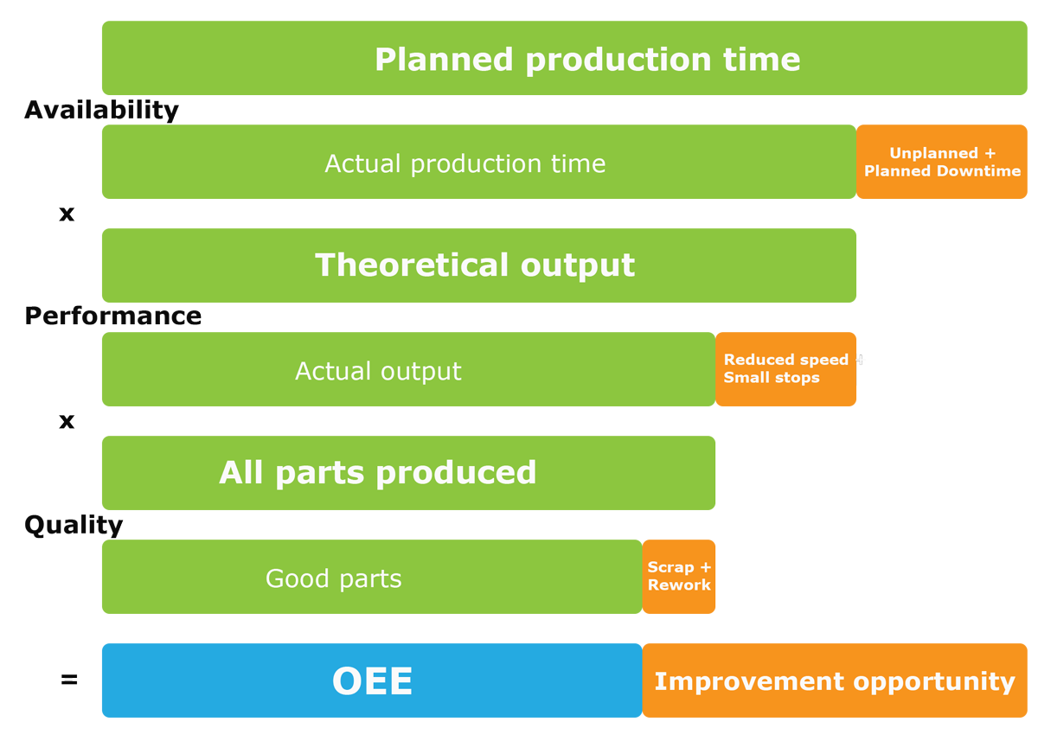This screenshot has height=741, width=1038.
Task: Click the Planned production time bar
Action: coord(564,58)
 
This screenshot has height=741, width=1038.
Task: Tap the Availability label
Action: coord(101,110)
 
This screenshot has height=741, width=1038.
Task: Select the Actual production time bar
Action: coord(478,162)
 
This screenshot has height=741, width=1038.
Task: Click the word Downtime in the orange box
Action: coord(978,171)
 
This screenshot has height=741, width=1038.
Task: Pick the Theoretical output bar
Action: coord(478,265)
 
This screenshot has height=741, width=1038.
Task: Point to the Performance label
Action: coord(113,316)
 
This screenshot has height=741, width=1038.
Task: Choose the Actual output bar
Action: coord(408,369)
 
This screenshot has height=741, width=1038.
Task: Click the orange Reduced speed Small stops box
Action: coord(785,369)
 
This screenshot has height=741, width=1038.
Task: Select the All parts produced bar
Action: coord(408,473)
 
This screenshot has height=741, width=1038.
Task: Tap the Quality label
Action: coord(74,525)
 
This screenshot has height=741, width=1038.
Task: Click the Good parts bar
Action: coord(372,577)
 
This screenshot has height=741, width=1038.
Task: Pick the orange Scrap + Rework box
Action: coord(679,577)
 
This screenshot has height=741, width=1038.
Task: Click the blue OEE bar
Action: coord(372,680)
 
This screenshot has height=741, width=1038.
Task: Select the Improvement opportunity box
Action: coord(835,680)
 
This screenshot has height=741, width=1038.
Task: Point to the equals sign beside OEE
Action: coord(69,680)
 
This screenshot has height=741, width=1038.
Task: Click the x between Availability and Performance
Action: coord(67,214)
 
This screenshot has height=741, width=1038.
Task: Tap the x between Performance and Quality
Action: coord(67,421)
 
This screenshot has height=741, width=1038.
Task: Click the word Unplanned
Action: coord(933,153)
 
